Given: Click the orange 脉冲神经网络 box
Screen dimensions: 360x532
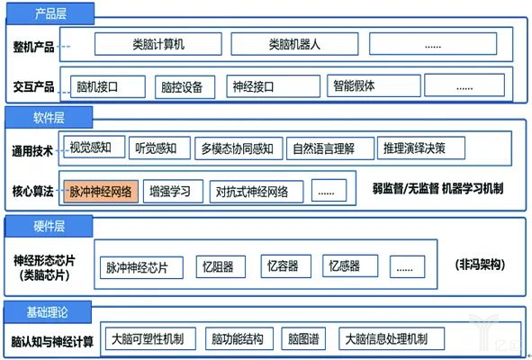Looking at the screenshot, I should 101,191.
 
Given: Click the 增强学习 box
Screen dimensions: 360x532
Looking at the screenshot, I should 175,191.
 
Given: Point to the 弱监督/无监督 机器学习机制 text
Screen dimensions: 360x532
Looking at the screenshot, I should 437,189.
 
